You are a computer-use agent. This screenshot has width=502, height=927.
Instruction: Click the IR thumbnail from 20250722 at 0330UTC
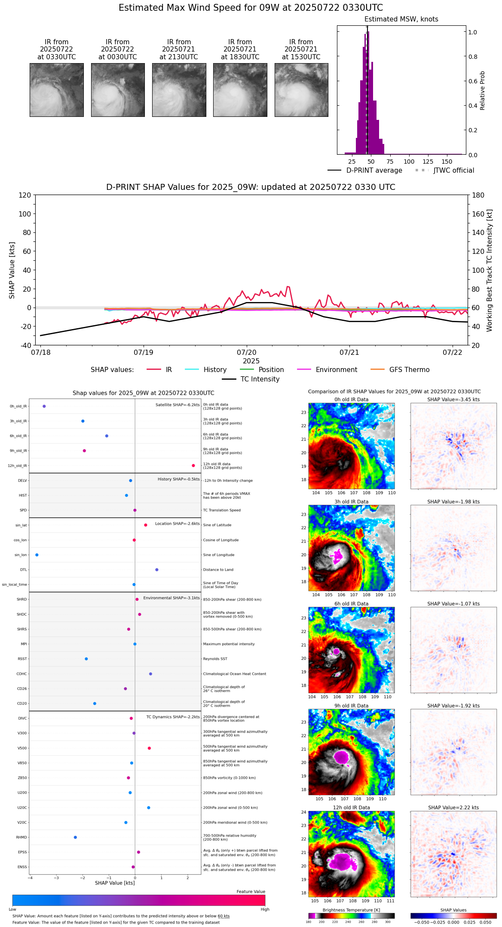[57, 90]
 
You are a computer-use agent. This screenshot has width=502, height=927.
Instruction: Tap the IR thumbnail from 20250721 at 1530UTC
[301, 90]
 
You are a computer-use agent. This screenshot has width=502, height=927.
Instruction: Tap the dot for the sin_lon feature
[37, 555]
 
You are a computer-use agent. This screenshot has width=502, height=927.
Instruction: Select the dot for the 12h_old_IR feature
[193, 466]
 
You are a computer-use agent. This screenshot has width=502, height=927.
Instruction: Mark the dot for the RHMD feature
[75, 837]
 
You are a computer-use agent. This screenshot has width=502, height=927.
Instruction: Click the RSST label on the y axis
[22, 659]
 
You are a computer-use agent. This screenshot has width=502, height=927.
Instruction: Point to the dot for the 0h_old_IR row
[44, 406]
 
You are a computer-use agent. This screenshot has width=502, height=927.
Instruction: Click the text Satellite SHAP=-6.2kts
[178, 405]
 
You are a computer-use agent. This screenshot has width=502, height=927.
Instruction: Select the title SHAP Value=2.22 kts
[453, 808]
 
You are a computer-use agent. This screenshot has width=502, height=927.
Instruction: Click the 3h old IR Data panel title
[351, 502]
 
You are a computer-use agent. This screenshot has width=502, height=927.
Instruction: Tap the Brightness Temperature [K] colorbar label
[351, 910]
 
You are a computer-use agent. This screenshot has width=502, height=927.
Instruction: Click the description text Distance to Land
[218, 570]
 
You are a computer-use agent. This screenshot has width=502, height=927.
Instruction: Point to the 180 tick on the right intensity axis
[478, 195]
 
